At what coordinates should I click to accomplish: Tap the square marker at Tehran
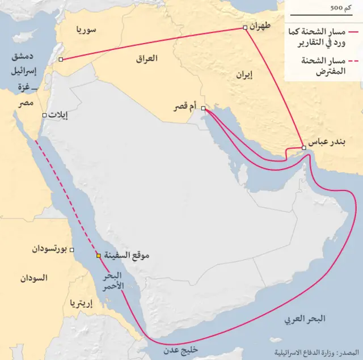244,28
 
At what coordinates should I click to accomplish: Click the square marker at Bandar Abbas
304,148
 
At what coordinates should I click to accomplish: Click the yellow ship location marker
99,256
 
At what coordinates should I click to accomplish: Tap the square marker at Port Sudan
71,249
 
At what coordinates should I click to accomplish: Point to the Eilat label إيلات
57,115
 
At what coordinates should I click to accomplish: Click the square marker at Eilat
43,115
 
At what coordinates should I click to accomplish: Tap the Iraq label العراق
147,58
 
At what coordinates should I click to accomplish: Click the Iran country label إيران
243,74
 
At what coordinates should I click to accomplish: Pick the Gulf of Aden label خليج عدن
180,350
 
